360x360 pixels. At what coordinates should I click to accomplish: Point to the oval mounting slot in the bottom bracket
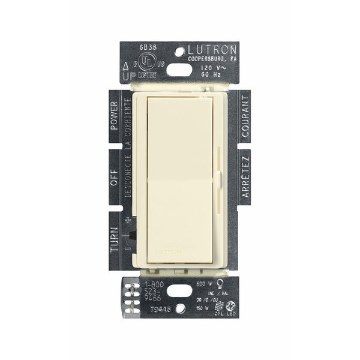(179, 292)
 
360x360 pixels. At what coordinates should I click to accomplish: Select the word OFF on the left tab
(113, 179)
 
